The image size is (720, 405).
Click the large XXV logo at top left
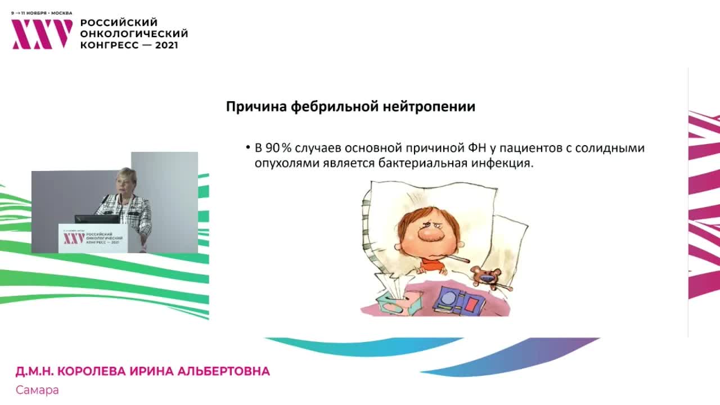pyautogui.click(x=42, y=34)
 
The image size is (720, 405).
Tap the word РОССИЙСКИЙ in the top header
pyautogui.click(x=119, y=22)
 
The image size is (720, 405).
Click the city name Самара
pyautogui.click(x=37, y=390)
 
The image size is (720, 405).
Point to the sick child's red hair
pyautogui.click(x=416, y=217)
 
